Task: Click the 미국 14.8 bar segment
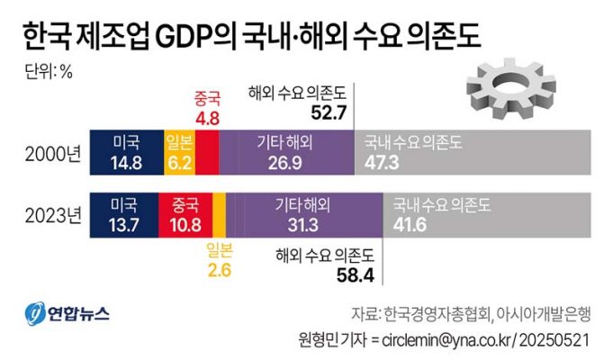[x=124, y=149]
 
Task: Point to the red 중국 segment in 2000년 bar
[x=207, y=149]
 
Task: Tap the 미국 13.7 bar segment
[x=123, y=214]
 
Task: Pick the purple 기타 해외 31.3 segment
[x=304, y=214]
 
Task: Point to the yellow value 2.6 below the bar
[x=219, y=267]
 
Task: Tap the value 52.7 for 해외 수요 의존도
[x=329, y=112]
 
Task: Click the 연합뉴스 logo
[x=67, y=314]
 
